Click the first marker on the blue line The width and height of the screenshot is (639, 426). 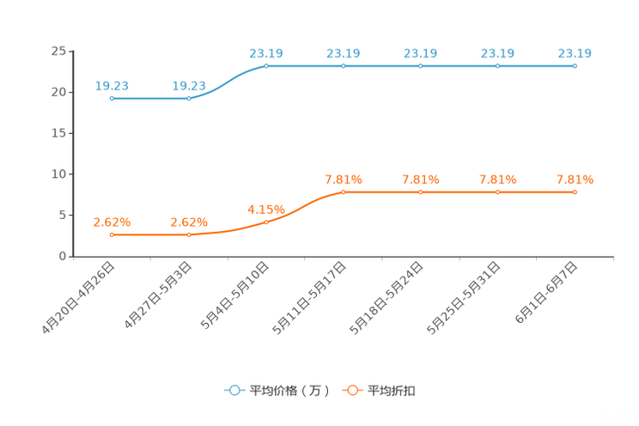coord(111,98)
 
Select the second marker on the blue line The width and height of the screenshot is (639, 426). coord(189,98)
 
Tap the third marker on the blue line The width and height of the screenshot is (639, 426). coord(266,65)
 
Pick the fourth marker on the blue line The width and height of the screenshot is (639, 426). coord(344,65)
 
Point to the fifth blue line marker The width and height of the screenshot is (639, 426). coord(421,65)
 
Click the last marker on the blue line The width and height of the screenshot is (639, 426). coord(575,65)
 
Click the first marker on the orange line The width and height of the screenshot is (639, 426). coord(111,234)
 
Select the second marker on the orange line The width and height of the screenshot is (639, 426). coord(189,234)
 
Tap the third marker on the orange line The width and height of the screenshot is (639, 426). coord(266,222)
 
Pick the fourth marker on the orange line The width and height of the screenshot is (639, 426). coord(344,192)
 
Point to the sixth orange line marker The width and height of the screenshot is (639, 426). coord(498,192)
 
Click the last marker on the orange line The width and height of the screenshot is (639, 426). coord(575,192)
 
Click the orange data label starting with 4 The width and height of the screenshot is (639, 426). coord(265,208)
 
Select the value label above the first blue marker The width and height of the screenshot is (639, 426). coord(112,84)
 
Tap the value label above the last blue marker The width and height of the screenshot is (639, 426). coord(575,52)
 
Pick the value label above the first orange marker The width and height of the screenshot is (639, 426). coord(111,221)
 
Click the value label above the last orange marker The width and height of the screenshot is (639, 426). coord(575,180)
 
